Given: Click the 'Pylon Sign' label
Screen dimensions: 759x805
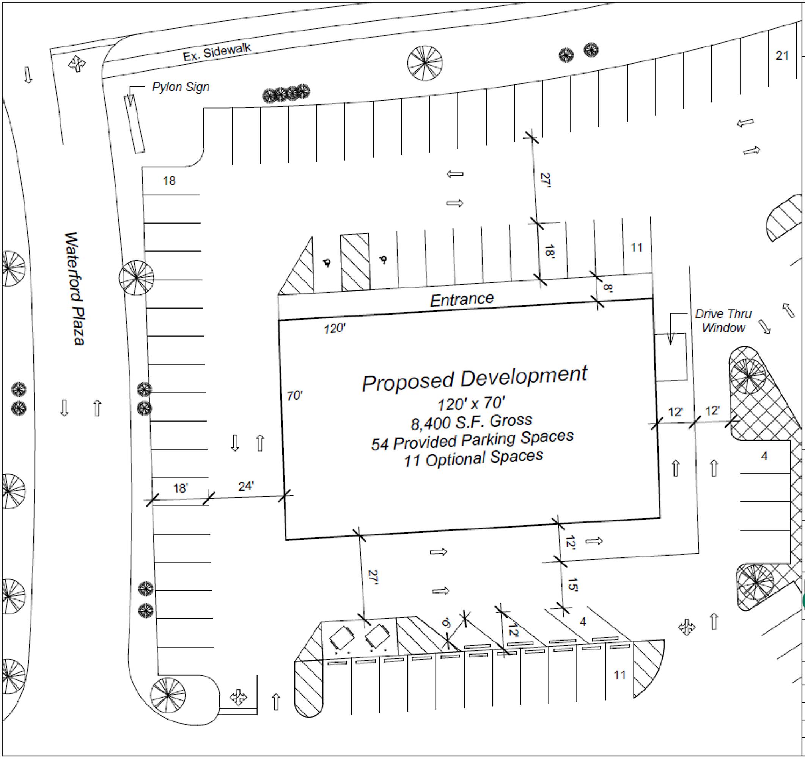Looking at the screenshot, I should coord(181,87).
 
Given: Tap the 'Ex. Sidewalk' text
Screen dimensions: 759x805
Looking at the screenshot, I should coord(217,52).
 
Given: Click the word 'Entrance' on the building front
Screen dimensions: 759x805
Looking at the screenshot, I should coord(462,300).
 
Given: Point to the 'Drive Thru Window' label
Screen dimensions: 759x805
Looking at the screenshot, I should coord(723,321).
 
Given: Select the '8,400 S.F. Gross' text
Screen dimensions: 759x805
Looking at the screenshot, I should coord(471,422).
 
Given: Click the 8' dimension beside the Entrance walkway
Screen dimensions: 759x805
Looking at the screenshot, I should coord(607,288).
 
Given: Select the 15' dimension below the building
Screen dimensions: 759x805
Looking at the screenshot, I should coord(572,584).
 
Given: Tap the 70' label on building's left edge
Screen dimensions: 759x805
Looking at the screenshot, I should coord(295,395).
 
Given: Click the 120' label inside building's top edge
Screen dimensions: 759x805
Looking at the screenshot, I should coord(335,329).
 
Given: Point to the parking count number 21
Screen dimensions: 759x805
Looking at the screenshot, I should coord(782,55).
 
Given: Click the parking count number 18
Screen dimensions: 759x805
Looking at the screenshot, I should coord(169,181).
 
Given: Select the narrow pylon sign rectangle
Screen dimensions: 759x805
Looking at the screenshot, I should coord(134,125).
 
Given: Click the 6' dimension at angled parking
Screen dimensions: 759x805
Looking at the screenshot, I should coord(447,623).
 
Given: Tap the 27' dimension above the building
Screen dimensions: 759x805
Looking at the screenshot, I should coord(546,180).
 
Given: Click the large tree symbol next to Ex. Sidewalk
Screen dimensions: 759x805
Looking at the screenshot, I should coord(425,63).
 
